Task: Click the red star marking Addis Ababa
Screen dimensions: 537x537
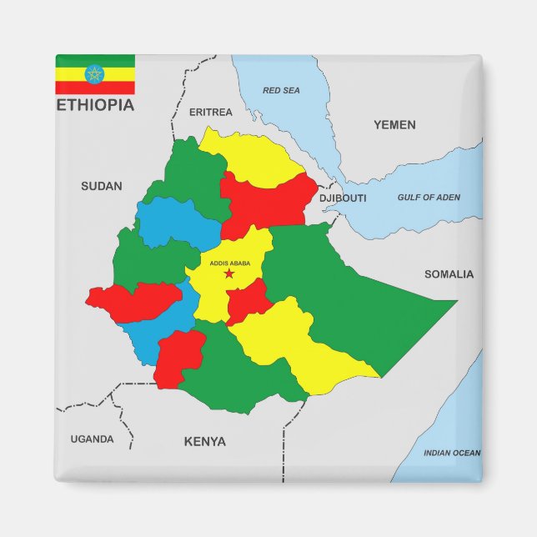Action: (x=229, y=274)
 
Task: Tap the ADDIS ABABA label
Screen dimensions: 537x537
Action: (x=230, y=263)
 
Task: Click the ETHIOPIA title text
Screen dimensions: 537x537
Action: (x=95, y=105)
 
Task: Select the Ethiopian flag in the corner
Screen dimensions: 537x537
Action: (x=95, y=74)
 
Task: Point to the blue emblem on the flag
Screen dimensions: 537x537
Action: (x=95, y=74)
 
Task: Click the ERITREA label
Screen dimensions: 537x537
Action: (x=211, y=112)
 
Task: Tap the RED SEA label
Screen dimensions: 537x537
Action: (x=281, y=90)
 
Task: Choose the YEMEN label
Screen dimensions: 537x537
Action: (x=394, y=124)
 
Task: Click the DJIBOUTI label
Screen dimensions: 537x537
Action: (x=343, y=198)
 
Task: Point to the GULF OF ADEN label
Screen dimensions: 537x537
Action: (x=429, y=198)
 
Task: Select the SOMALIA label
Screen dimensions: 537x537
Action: (x=449, y=274)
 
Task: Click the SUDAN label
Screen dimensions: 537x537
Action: (x=101, y=186)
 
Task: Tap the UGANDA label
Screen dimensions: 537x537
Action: (x=92, y=439)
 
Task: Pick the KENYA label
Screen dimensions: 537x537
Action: (x=204, y=441)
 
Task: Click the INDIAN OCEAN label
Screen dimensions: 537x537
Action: (x=452, y=453)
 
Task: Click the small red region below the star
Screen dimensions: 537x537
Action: (x=248, y=301)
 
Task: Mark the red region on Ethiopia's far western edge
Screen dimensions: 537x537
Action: (x=133, y=300)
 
